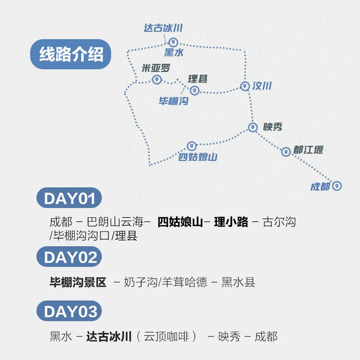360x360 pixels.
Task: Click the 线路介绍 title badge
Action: (71, 54)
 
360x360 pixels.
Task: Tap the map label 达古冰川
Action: (163, 28)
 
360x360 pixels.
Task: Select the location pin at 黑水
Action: (173, 42)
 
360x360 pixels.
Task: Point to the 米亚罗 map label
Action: (156, 68)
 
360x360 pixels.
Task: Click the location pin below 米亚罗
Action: (157, 80)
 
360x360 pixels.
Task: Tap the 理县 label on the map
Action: (198, 79)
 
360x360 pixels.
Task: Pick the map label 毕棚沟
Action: (174, 101)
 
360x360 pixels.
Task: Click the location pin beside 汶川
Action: (245, 86)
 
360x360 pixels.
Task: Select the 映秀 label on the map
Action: (273, 127)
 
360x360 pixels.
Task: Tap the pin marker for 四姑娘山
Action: (192, 146)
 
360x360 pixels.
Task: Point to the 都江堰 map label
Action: (308, 150)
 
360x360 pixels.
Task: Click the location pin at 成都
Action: (337, 186)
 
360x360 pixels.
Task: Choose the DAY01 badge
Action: (69, 198)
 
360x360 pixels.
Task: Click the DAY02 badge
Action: (69, 256)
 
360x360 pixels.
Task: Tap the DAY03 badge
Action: (69, 311)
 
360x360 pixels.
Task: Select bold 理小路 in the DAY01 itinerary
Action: (231, 222)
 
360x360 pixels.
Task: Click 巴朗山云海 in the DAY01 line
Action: (115, 222)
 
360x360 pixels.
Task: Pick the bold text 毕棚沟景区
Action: (78, 282)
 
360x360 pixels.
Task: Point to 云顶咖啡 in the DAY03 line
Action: (166, 337)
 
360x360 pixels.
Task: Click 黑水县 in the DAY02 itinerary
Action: (238, 282)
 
